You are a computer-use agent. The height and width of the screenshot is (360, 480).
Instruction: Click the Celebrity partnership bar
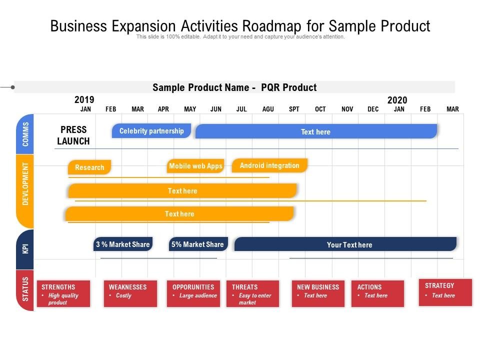point(151,130)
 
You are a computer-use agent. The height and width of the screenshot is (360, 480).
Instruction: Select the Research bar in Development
point(89,167)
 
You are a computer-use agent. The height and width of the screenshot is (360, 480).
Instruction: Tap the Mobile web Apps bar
point(195,166)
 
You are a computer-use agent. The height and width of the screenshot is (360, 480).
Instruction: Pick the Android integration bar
point(269,165)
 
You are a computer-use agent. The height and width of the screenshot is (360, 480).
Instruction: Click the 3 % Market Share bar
point(123,244)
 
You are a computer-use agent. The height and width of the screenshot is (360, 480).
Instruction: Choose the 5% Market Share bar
point(198,244)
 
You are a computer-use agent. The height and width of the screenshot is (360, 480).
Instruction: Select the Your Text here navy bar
point(345,244)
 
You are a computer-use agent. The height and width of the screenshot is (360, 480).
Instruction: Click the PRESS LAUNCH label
point(73,135)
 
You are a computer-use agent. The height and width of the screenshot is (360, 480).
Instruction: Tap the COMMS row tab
point(25,134)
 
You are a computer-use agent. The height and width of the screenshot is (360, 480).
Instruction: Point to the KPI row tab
point(25,249)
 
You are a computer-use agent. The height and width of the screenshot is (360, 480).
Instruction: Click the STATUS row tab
point(25,290)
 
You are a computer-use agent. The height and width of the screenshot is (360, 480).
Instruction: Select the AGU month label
point(268,109)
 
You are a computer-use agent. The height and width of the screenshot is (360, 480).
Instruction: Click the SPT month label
point(294,109)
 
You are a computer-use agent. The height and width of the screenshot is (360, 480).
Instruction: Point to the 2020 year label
point(397,100)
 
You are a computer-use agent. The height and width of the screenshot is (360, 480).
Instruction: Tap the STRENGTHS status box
point(63,293)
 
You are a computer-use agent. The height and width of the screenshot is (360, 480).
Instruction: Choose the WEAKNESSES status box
point(130,293)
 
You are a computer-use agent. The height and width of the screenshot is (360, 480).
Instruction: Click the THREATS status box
point(252,293)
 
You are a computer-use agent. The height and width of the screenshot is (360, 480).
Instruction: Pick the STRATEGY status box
point(445,292)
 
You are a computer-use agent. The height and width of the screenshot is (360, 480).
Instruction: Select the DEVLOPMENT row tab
point(25,191)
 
